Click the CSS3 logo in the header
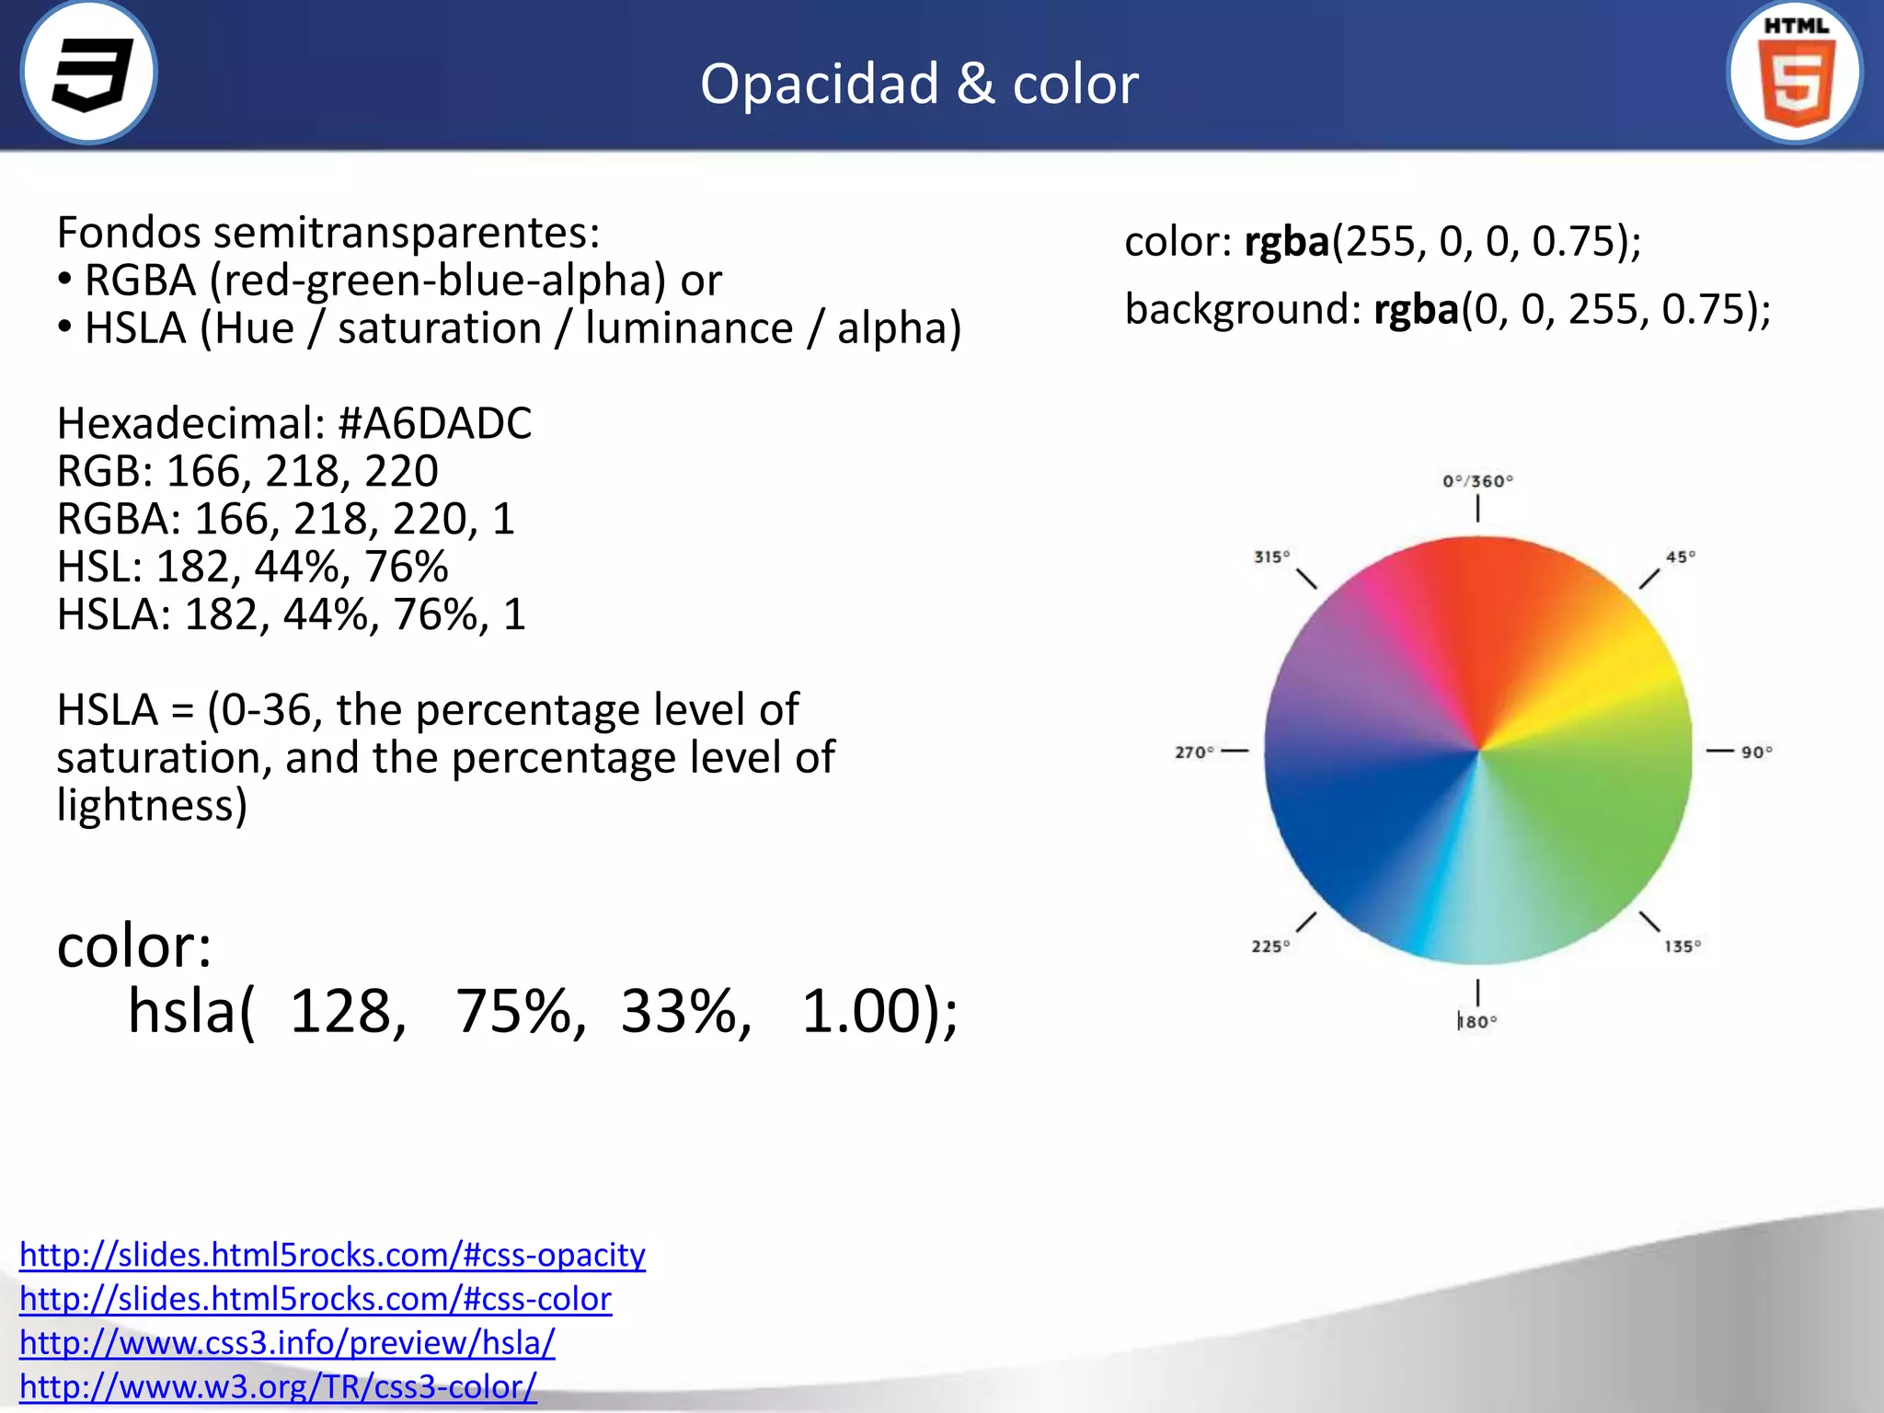coord(89,74)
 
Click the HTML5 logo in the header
coord(1795,74)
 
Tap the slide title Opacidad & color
coord(919,84)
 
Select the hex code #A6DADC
coord(434,423)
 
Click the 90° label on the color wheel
coord(1756,752)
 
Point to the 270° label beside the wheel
coord(1194,752)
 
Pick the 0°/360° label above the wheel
coord(1477,481)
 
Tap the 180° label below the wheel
coord(1477,1022)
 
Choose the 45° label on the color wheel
coord(1681,557)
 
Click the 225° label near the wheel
coord(1270,947)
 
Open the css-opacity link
coord(332,1255)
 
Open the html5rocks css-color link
coord(316,1299)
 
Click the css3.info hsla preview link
coord(287,1343)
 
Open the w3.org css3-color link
coord(278,1387)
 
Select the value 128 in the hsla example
coord(347,1012)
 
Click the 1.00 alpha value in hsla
coord(860,1012)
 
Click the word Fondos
coord(128,232)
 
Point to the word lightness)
coord(152,805)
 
